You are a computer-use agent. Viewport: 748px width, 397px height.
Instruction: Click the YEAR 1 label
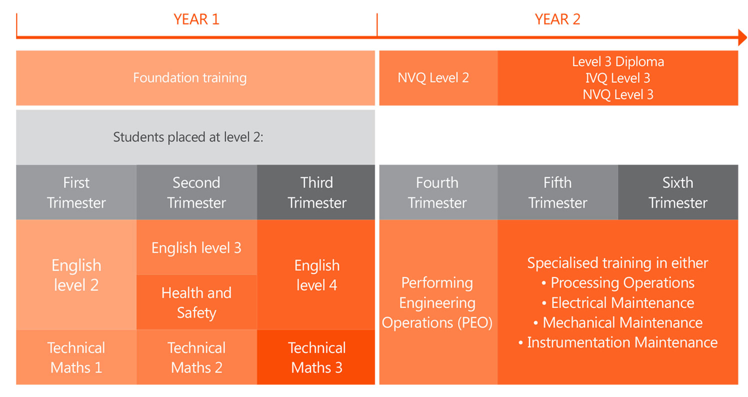[x=196, y=19]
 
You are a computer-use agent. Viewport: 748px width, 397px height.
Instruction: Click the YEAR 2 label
[x=557, y=19]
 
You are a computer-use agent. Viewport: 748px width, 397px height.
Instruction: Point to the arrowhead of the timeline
[x=742, y=37]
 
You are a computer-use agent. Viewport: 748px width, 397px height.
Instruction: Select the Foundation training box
[x=190, y=78]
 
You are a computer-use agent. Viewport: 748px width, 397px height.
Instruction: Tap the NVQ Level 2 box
[x=433, y=78]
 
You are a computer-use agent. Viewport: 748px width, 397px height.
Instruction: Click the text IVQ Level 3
[x=618, y=78]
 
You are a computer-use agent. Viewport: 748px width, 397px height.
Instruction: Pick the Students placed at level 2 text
[x=188, y=137]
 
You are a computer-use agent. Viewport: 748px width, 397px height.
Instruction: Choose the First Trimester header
[x=76, y=192]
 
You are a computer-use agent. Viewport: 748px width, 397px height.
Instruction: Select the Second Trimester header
[x=196, y=192]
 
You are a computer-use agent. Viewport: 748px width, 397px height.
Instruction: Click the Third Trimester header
[x=317, y=192]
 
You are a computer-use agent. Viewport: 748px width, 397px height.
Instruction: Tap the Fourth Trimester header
[x=437, y=192]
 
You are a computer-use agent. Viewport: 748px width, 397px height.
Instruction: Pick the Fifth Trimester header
[x=557, y=192]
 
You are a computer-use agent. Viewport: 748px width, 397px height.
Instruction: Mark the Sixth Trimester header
[x=678, y=192]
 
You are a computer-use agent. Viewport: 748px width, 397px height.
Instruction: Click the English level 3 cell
[x=196, y=247]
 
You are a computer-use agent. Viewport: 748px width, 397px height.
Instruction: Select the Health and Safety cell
[x=196, y=302]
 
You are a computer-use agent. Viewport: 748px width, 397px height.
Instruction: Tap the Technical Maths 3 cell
[x=317, y=357]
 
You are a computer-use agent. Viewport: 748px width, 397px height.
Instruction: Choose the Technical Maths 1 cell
[x=76, y=357]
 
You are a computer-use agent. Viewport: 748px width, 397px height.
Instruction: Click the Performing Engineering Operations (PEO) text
[x=437, y=302]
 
